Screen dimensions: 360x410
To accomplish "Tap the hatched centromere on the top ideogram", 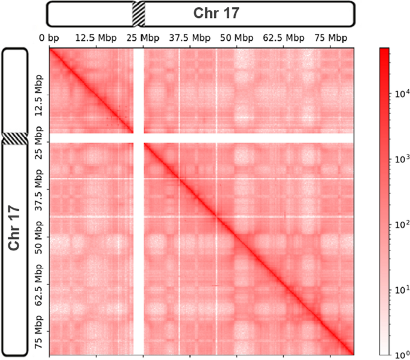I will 138,13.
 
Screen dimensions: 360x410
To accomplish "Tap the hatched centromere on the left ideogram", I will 14,138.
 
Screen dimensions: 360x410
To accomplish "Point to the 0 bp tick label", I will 48,38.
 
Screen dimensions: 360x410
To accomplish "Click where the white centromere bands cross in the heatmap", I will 138,138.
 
